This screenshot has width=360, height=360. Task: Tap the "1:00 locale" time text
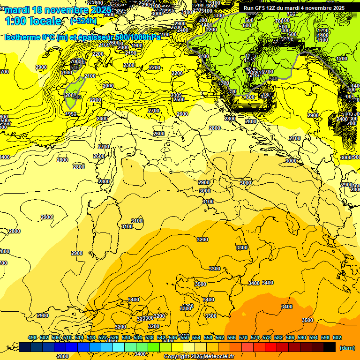(x=33, y=21)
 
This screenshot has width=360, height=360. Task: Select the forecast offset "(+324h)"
(x=83, y=21)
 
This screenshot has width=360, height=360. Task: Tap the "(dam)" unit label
(x=346, y=347)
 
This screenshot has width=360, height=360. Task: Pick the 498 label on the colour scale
(x=32, y=337)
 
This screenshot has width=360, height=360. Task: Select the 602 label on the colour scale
(x=337, y=337)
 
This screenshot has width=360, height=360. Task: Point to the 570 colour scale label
(x=243, y=337)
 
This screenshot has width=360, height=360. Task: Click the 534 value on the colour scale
(x=138, y=337)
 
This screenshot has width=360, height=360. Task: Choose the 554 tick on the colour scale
(x=196, y=337)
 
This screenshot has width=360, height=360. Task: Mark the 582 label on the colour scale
(x=278, y=337)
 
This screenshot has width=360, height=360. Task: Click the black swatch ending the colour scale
(x=330, y=347)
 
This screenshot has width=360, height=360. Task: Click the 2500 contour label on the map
(x=179, y=99)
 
